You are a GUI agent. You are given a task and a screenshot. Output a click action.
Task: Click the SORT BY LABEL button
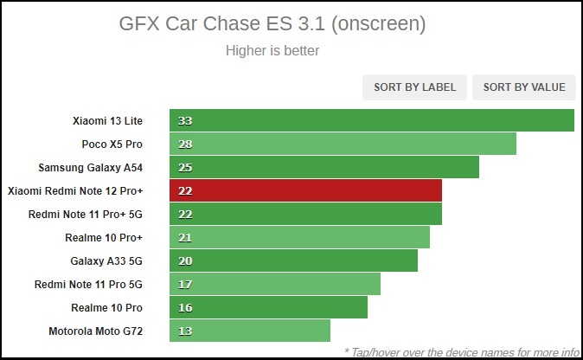pyautogui.click(x=414, y=87)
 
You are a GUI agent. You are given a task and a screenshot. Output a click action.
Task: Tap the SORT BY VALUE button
pyautogui.click(x=524, y=87)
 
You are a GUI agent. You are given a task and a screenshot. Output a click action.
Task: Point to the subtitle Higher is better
pyautogui.click(x=272, y=50)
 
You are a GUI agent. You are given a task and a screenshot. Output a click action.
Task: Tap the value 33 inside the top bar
pyautogui.click(x=184, y=120)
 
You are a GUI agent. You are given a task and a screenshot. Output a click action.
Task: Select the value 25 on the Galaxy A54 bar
pyautogui.click(x=184, y=167)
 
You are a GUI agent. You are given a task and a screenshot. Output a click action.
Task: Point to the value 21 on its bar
pyautogui.click(x=184, y=237)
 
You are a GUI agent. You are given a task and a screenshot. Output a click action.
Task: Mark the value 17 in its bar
pyautogui.click(x=184, y=284)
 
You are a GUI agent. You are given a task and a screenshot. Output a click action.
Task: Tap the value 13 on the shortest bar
pyautogui.click(x=184, y=331)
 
